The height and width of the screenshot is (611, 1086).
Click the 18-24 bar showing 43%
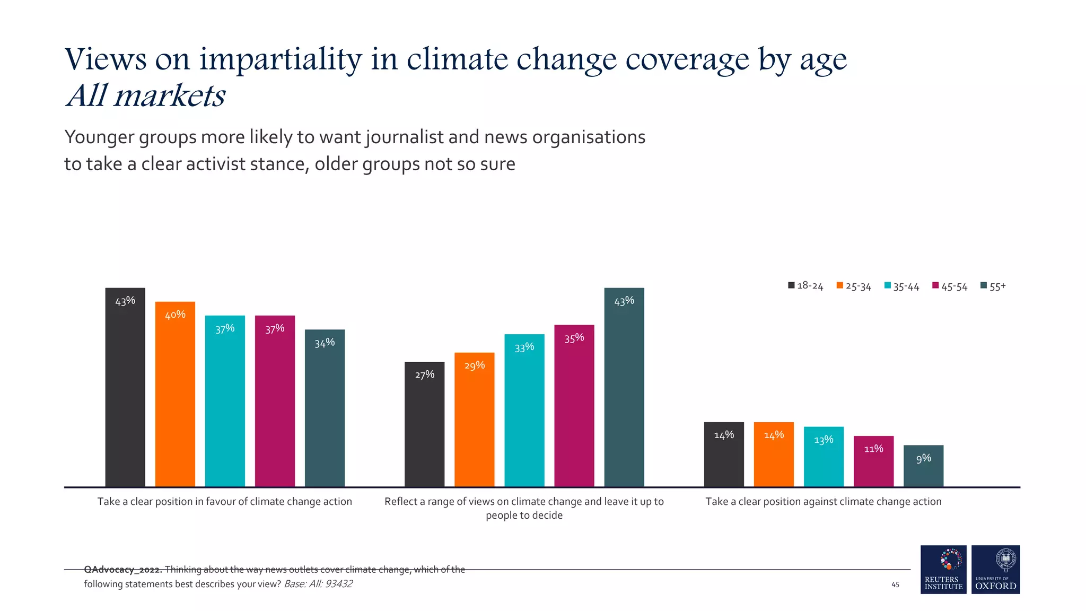125,387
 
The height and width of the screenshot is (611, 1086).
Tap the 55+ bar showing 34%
325,408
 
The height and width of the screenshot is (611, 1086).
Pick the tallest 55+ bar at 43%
624,387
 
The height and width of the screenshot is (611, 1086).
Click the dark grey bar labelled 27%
424,424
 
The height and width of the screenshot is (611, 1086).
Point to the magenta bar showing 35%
574,406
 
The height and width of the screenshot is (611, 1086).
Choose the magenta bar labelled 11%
873,461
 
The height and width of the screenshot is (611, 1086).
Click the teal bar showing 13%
824,457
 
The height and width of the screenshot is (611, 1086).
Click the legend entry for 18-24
805,286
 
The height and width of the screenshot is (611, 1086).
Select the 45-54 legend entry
950,287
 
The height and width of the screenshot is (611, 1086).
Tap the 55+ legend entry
993,287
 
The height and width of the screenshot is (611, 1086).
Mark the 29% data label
475,365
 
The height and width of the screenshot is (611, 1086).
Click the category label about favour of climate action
225,502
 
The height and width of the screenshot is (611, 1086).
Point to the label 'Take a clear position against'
823,502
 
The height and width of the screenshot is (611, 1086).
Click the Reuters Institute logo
943,570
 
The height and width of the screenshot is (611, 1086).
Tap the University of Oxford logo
995,570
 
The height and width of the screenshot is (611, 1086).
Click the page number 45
895,584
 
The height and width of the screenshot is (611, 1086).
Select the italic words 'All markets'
146,96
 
